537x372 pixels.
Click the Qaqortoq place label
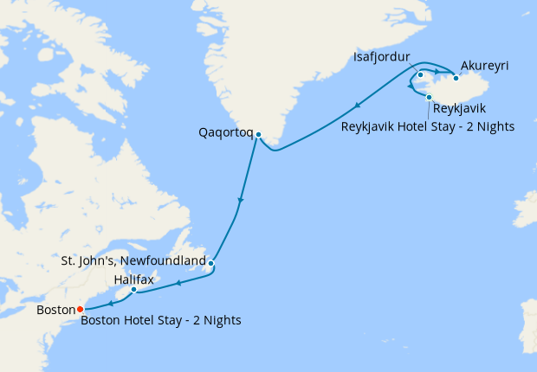225,133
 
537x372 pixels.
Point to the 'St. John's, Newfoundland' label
133,260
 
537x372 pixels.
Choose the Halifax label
135,279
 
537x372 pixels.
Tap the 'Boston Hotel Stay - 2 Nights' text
160,320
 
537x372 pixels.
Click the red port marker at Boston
80,309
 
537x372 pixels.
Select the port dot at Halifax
133,290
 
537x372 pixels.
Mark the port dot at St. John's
210,263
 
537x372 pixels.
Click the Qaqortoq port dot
258,134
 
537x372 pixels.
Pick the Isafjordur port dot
420,75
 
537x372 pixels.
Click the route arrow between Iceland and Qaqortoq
356,106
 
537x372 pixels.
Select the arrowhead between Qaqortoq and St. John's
240,202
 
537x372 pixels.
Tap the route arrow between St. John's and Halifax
178,282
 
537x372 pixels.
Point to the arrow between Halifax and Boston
111,302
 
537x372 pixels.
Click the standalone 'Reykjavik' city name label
458,108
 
